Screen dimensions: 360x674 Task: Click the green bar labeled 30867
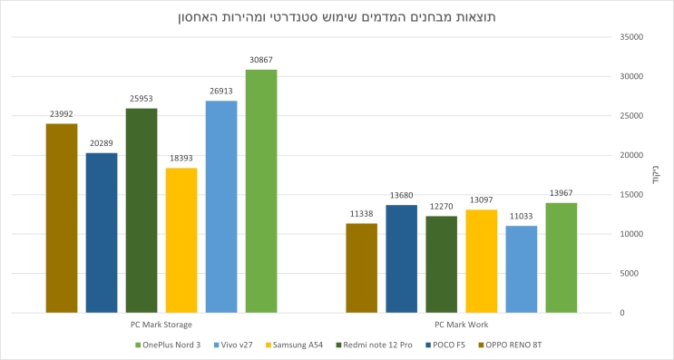click(x=261, y=190)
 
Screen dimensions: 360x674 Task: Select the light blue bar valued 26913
click(x=221, y=206)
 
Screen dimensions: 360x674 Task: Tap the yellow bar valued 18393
click(x=181, y=239)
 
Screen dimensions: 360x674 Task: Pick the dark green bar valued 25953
click(x=142, y=209)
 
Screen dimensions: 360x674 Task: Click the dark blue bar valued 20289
click(x=102, y=232)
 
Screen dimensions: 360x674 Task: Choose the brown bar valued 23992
click(x=62, y=218)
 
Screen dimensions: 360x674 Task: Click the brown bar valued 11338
click(x=361, y=268)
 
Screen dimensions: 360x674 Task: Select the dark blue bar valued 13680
click(x=401, y=258)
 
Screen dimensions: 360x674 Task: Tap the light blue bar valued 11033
click(x=521, y=268)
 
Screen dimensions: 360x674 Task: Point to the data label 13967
click(x=561, y=193)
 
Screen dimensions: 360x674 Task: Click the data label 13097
click(x=481, y=199)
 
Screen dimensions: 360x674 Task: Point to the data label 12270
click(x=441, y=206)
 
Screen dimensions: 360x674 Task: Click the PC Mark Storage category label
click(x=161, y=324)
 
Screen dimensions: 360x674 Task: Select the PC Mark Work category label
click(x=461, y=324)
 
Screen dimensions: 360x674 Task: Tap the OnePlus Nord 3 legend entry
click(x=172, y=345)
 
